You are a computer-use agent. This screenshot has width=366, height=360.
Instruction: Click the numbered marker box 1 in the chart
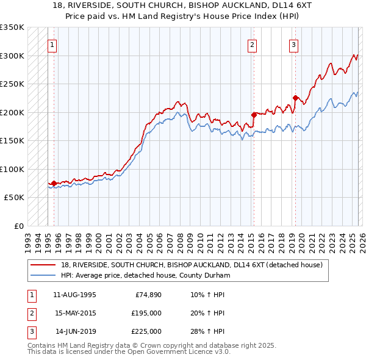52,45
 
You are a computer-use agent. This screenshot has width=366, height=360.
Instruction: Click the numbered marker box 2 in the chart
252,45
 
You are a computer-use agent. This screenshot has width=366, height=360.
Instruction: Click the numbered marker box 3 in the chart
293,45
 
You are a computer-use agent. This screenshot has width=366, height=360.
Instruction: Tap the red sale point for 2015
254,114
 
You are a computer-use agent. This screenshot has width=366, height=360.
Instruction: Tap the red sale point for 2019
295,98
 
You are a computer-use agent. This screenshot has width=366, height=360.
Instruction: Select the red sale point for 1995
54,183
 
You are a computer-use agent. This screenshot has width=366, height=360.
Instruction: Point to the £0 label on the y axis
18,226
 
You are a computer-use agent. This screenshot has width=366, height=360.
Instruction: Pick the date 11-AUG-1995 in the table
74,295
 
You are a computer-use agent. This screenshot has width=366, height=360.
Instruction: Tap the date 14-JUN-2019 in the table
74,331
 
